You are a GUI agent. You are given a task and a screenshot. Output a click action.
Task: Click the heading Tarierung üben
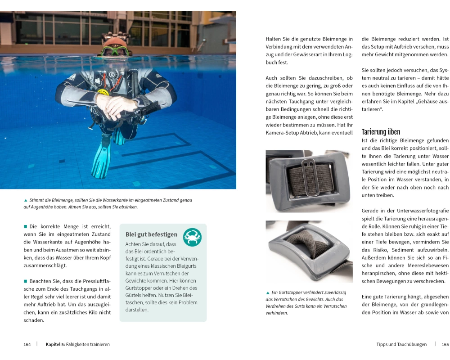click(381, 132)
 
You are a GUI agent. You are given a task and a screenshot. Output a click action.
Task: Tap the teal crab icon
click(192, 237)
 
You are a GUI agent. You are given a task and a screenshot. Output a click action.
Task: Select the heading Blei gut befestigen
click(151, 234)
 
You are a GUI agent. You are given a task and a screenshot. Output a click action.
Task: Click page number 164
click(27, 344)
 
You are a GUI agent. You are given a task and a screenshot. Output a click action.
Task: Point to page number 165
click(445, 344)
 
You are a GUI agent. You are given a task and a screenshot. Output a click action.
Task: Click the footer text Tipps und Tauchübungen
click(401, 344)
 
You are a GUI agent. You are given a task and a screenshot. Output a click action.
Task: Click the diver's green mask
click(114, 51)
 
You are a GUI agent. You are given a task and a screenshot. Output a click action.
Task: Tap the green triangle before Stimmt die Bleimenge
click(26, 200)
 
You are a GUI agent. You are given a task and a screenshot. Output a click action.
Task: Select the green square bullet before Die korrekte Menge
click(26, 226)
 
